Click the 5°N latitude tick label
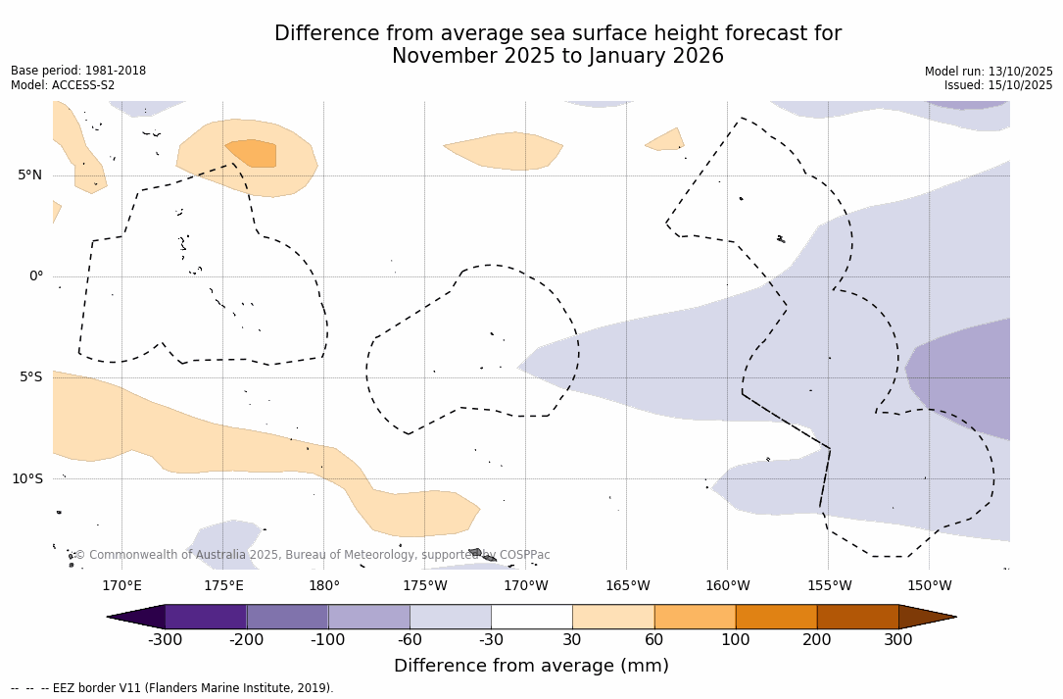[29, 175]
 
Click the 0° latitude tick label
[36, 276]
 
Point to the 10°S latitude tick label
[26, 479]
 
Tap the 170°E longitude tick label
[121, 586]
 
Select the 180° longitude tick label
[324, 586]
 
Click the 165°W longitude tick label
[627, 586]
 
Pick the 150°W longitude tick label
[929, 586]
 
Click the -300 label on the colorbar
[165, 640]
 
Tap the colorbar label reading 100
[735, 640]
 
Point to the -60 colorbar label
[410, 640]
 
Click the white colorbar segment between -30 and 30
[531, 617]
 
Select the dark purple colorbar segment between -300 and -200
[206, 617]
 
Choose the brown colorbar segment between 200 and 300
[857, 617]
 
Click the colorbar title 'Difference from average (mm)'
[531, 667]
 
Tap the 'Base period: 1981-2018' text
[78, 71]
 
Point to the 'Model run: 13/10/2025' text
[989, 72]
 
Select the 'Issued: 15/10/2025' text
[998, 85]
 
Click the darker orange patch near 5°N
[253, 153]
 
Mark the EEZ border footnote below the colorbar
[171, 688]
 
